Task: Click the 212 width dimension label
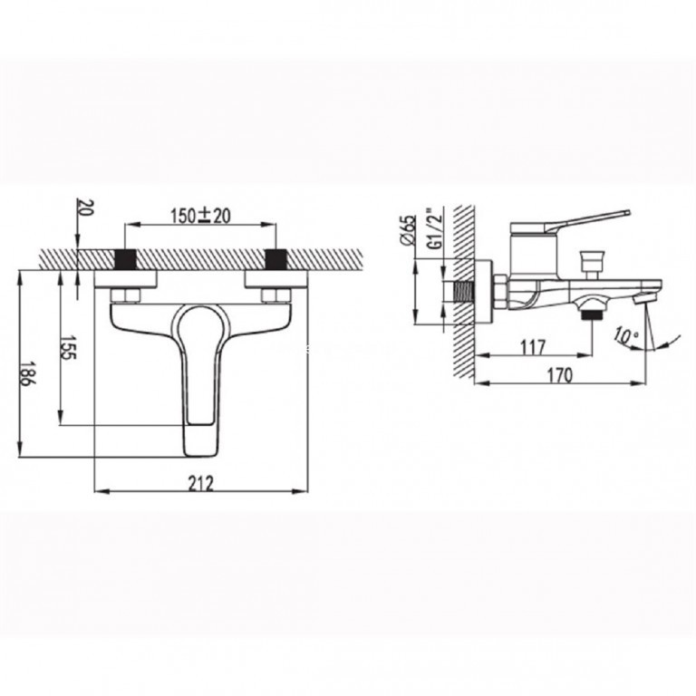click(x=200, y=483)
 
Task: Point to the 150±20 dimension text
click(x=201, y=216)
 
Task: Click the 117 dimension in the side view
click(x=532, y=347)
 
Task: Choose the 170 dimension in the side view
click(x=559, y=375)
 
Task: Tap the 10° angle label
click(x=626, y=335)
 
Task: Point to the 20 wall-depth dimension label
click(x=86, y=208)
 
